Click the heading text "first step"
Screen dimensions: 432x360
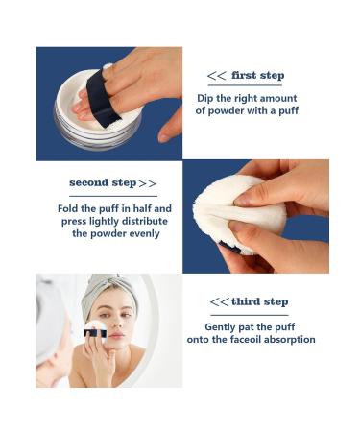tap(258, 76)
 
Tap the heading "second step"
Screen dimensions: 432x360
tap(104, 182)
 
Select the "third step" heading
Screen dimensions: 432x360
tap(259, 301)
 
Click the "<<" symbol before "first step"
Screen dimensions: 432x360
tap(218, 76)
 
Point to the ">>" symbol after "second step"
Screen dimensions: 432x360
tap(148, 182)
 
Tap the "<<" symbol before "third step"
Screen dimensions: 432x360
tap(219, 301)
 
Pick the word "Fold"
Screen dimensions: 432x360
tap(69, 208)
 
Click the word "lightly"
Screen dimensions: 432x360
tap(110, 221)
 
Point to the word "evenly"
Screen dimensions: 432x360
tap(141, 233)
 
